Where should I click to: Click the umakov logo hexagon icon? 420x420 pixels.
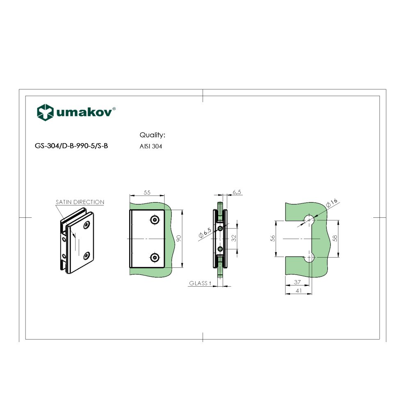45,112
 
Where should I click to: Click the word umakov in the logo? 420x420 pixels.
84,113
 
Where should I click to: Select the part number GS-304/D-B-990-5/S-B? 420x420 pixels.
72,146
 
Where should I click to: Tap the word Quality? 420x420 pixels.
152,135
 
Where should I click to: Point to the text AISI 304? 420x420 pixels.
151,146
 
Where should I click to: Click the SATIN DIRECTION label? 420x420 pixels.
80,202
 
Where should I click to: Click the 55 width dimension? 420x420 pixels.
147,192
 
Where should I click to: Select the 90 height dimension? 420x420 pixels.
178,239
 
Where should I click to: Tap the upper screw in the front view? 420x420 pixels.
155,220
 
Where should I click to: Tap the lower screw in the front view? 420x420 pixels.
155,257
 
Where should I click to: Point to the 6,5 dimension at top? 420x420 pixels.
237,192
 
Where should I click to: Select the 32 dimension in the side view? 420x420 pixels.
234,238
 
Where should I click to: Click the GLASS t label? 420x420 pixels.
200,283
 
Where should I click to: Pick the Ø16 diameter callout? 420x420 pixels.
331,202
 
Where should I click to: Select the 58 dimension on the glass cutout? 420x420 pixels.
336,239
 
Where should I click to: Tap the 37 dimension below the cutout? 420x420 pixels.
297,282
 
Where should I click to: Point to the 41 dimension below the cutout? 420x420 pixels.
298,290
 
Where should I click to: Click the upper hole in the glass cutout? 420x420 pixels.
310,219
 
